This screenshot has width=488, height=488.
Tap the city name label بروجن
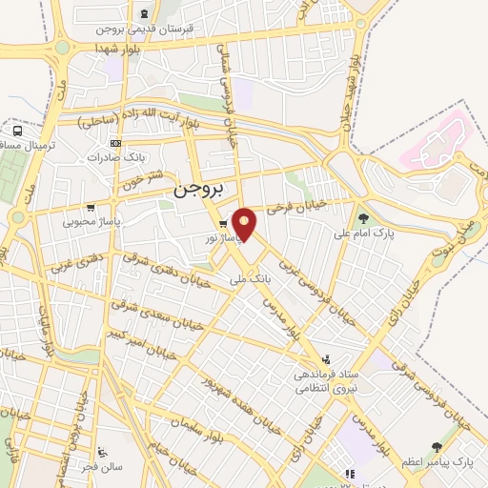click(x=196, y=190)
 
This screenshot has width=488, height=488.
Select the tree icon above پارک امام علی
click(x=362, y=217)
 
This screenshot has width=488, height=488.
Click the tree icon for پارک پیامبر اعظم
click(x=437, y=447)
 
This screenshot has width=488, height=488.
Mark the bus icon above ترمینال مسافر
click(x=17, y=130)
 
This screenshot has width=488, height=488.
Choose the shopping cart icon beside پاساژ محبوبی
click(x=91, y=208)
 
